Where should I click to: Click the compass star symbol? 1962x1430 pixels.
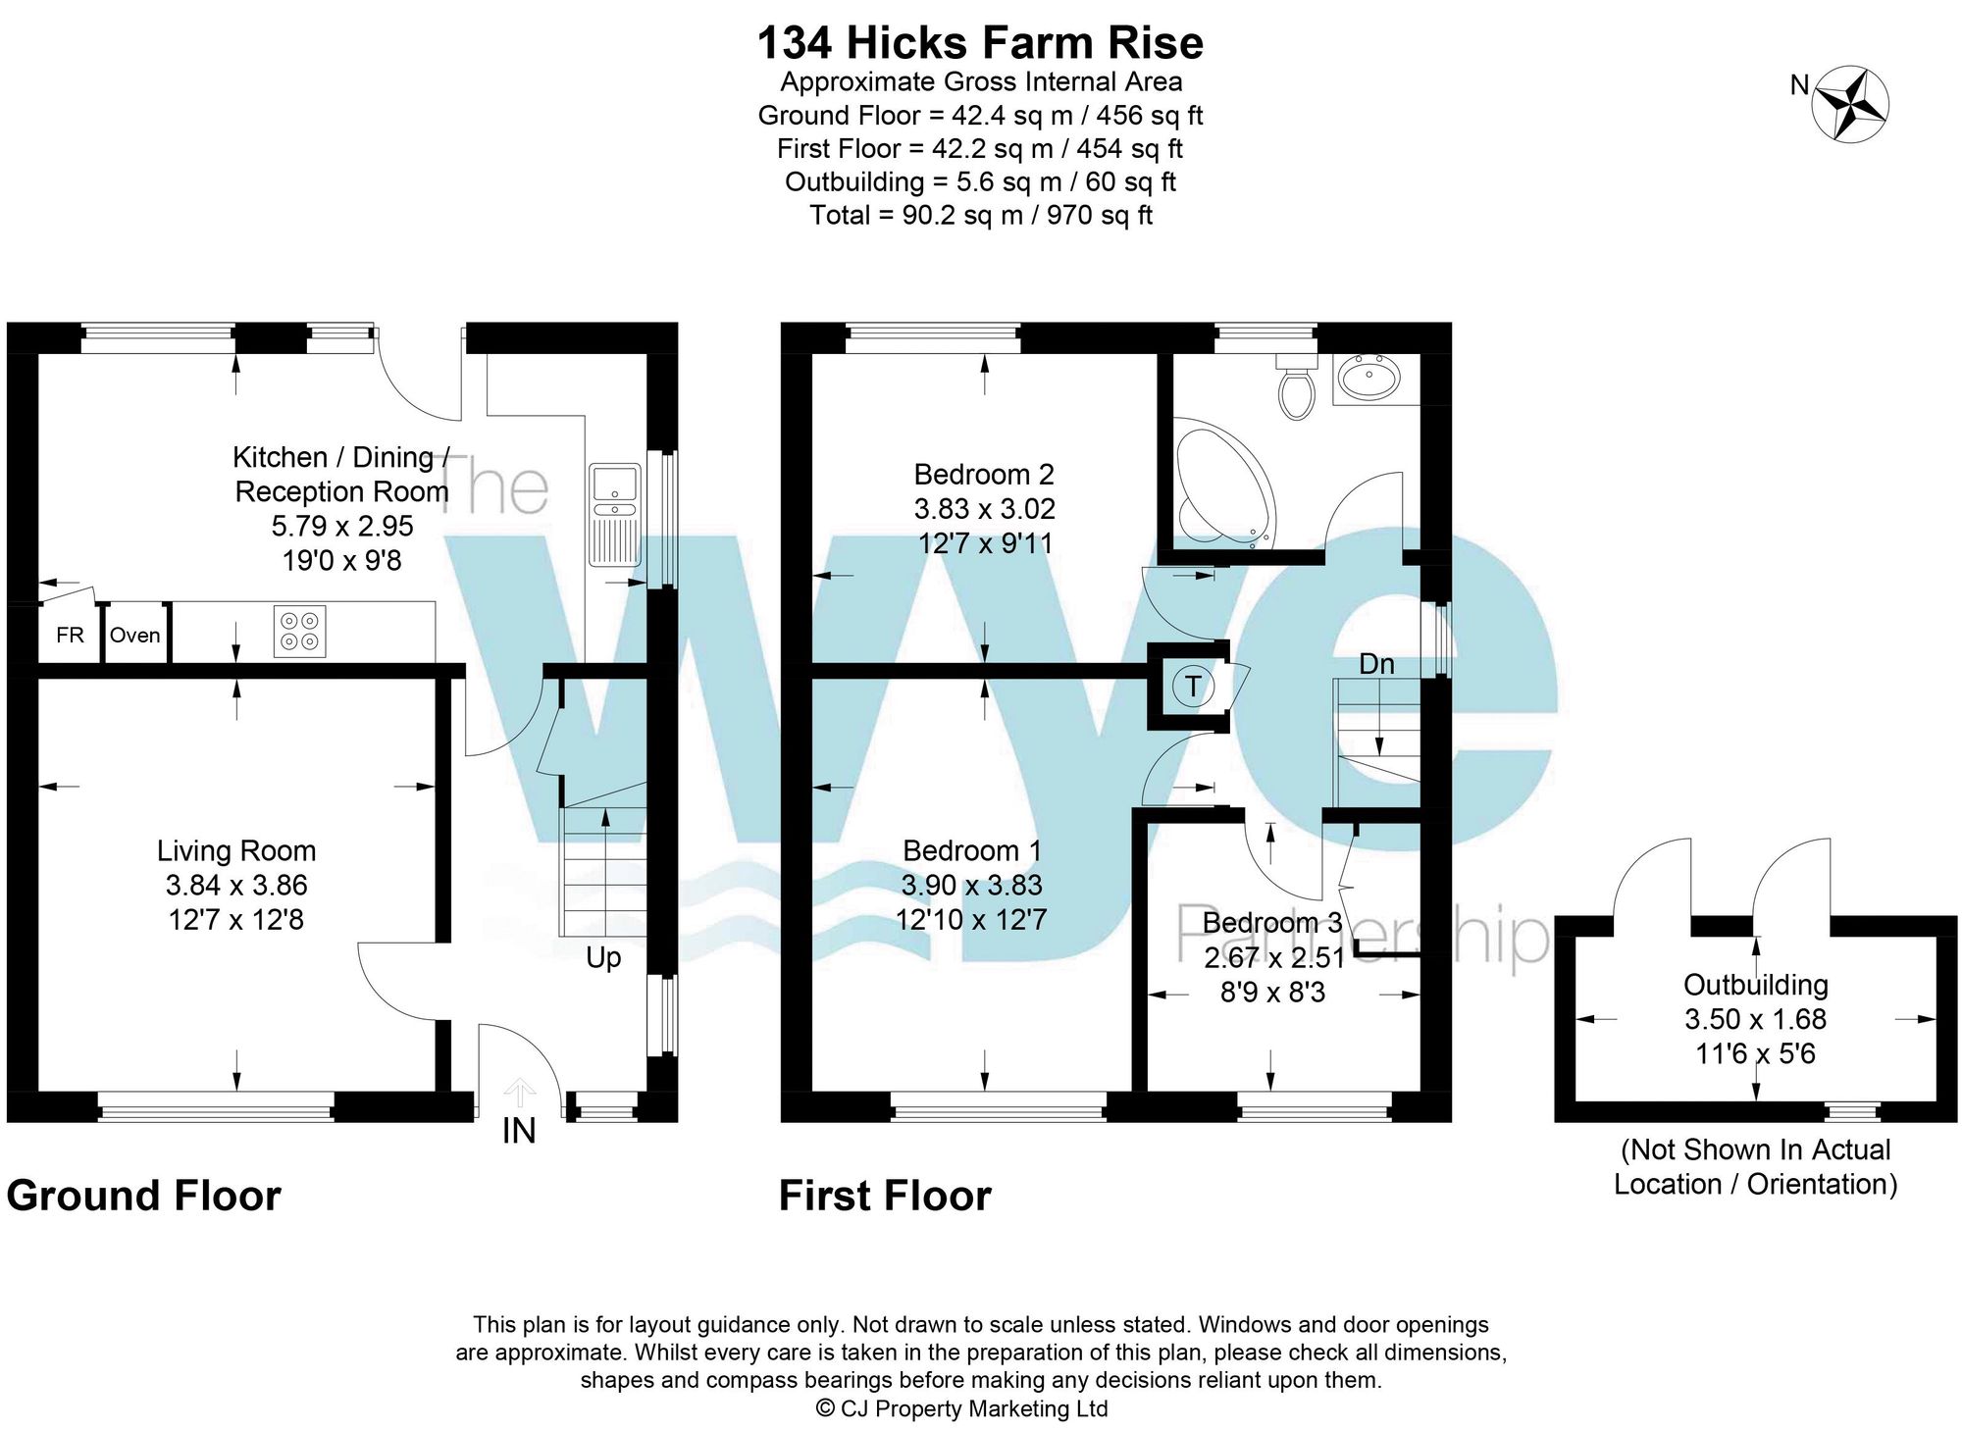(1850, 104)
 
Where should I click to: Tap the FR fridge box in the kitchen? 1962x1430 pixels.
(70, 635)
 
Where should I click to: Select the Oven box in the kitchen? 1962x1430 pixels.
(135, 635)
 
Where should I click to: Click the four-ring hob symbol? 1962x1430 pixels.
(299, 632)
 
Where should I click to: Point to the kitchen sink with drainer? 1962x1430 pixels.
(614, 515)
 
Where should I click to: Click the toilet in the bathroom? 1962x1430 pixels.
(1297, 387)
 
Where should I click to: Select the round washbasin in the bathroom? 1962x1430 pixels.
(1370, 378)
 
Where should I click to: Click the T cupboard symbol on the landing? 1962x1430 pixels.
(1193, 686)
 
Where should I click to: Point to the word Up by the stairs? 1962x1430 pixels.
(603, 957)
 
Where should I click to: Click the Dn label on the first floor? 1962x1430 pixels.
(1376, 664)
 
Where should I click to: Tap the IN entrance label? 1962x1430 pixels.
(519, 1131)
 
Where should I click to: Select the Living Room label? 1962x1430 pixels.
(236, 850)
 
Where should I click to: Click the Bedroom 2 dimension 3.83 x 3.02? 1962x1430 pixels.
(984, 509)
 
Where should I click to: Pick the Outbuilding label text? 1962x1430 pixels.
(1755, 985)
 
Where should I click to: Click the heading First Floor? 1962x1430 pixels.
(884, 1197)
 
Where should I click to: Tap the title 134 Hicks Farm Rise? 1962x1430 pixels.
(980, 43)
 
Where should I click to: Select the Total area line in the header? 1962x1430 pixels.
(980, 215)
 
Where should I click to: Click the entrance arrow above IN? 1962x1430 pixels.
(519, 1092)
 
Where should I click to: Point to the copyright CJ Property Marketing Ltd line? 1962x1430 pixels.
(961, 1408)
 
